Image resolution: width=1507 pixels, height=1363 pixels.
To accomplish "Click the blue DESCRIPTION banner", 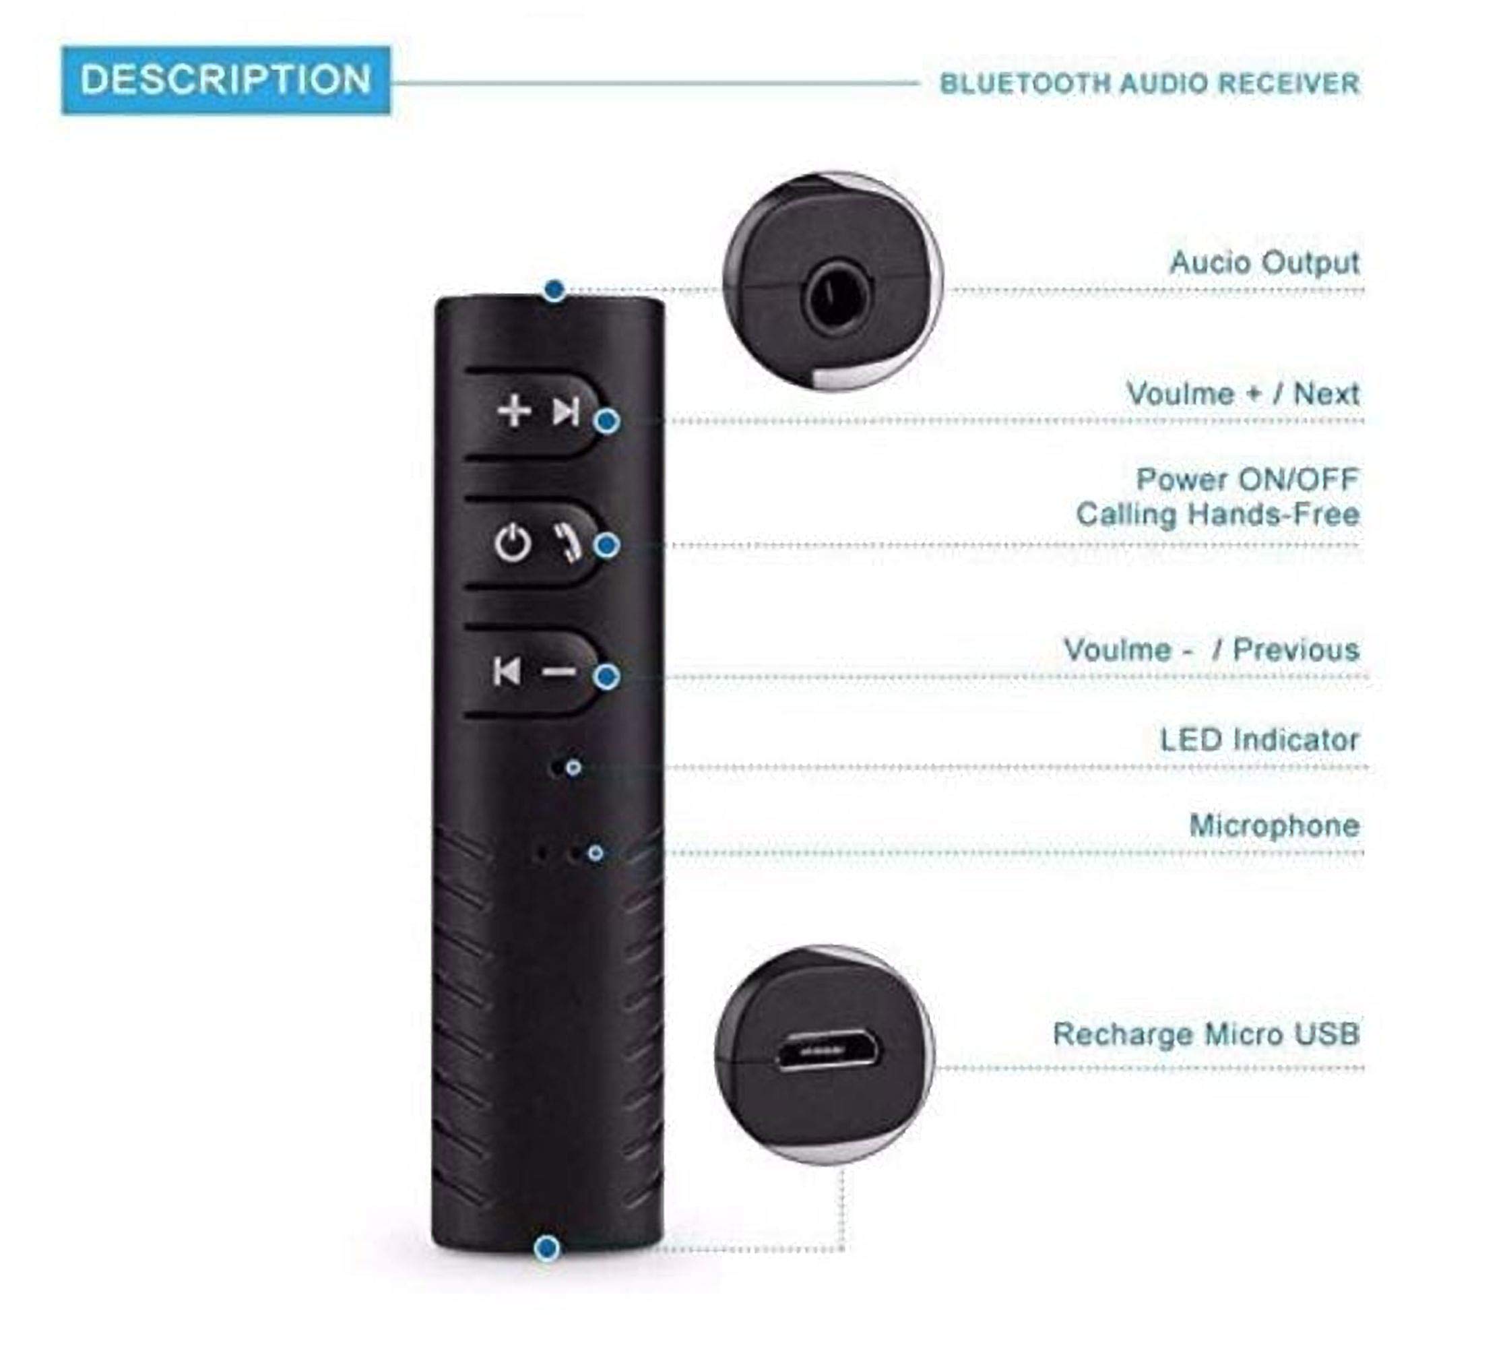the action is coord(226,80).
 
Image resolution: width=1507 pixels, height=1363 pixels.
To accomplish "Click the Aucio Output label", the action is coord(1264,263).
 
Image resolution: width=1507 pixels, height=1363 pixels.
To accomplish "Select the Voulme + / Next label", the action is coord(1242,393).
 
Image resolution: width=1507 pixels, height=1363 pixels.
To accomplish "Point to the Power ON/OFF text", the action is coord(1247,479).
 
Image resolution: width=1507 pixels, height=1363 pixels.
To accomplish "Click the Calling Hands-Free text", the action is coord(1217,514).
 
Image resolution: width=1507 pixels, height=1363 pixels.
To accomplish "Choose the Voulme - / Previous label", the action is coord(1211,649).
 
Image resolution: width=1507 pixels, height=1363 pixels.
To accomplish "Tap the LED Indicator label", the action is coord(1260,740).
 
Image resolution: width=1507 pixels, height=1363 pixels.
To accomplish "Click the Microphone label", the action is coord(1274,825).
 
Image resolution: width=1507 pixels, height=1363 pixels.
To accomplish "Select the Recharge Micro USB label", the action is coord(1206,1034).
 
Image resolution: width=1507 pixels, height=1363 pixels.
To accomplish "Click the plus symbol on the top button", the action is coord(514,411).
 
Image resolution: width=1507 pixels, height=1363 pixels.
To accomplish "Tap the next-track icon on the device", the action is coord(566,411).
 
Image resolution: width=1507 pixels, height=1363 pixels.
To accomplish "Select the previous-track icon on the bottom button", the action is coord(507,672).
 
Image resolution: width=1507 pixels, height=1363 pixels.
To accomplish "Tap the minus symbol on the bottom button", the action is coord(559,672).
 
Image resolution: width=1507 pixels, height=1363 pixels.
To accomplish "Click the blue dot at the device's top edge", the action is coord(554,290).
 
